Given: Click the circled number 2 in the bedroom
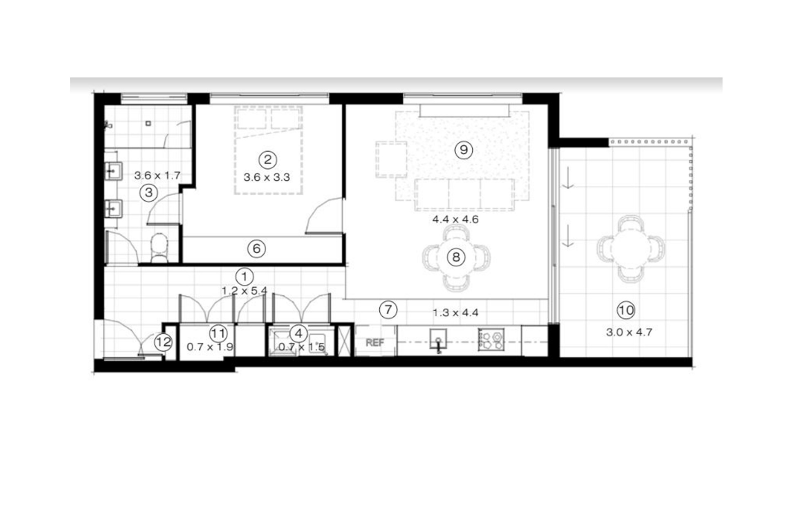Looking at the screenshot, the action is [267, 159].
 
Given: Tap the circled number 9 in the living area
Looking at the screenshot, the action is [464, 150].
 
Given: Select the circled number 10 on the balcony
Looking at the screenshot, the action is [626, 311].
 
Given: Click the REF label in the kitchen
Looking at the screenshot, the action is [375, 342].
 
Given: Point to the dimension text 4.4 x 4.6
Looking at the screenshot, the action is [455, 219].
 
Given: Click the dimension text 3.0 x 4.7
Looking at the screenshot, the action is [629, 332].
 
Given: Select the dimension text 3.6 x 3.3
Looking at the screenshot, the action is [267, 177].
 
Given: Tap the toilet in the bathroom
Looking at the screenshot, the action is [159, 248].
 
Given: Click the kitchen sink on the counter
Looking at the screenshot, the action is [438, 340].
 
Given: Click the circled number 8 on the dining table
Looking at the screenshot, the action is [456, 257].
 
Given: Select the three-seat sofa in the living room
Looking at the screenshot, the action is [465, 194].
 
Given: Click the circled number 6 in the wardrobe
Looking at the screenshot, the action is [256, 248].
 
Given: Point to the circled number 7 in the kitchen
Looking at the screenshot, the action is [388, 310].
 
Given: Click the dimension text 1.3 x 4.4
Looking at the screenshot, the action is [455, 313].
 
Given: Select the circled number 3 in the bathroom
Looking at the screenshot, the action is [148, 192].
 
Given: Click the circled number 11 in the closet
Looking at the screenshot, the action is [218, 333].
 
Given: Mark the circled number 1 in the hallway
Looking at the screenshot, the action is [244, 277].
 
